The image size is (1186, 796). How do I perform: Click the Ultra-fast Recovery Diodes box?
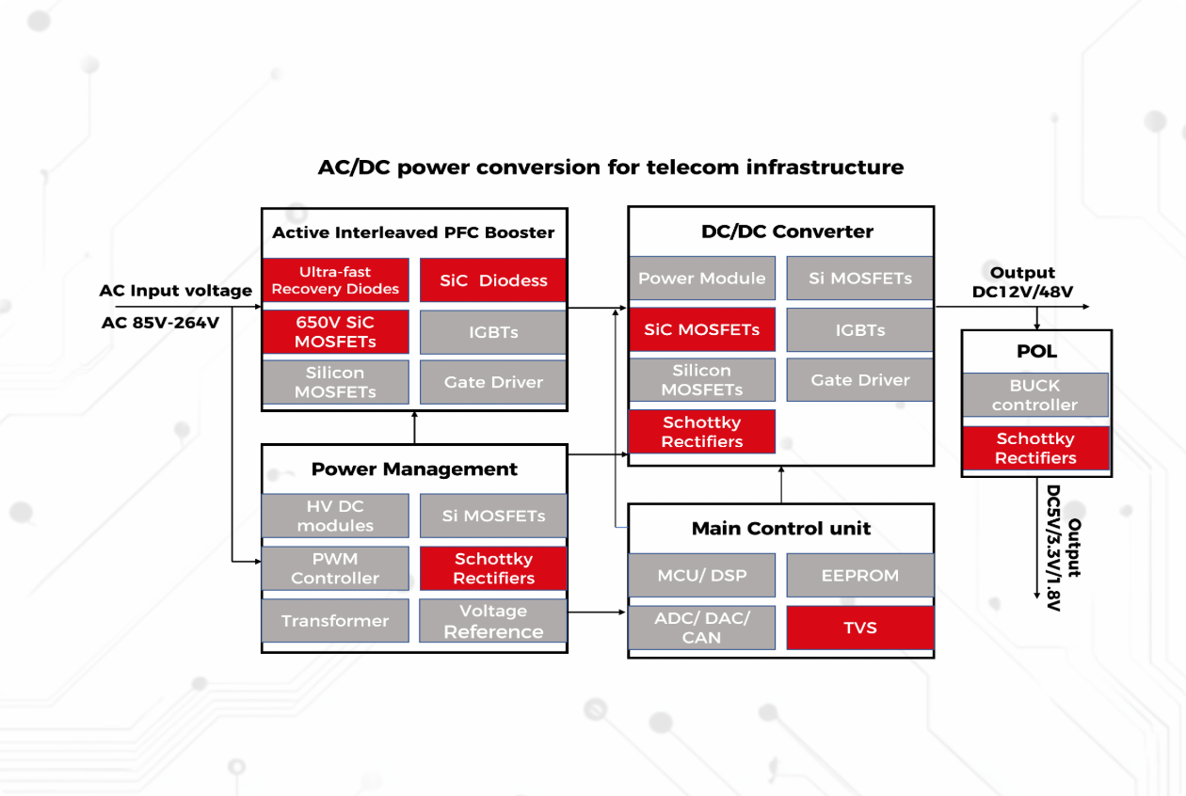[335, 280]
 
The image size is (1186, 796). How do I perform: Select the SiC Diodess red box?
[493, 280]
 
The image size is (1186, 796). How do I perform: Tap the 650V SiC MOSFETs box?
[335, 331]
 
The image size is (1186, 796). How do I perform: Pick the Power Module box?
[701, 279]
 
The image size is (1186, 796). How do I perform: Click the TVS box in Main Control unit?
[859, 628]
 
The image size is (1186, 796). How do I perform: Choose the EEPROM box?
[859, 575]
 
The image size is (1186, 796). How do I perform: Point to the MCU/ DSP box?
[701, 575]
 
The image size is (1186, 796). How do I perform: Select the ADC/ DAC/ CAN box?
[701, 628]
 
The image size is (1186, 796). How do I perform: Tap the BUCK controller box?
[1034, 395]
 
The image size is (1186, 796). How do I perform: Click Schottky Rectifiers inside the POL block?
[1034, 449]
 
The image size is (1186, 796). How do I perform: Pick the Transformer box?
[335, 621]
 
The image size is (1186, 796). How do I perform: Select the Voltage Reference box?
[493, 621]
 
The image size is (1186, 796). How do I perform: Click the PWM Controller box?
[335, 568]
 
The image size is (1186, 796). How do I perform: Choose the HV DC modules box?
[335, 516]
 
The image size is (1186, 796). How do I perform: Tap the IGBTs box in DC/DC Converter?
[859, 330]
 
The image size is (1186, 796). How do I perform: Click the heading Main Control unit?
[781, 529]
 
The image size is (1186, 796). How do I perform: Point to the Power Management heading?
[414, 469]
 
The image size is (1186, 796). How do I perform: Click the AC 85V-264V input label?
[160, 323]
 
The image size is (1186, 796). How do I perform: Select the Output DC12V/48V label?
[1022, 282]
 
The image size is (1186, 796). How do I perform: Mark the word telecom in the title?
[692, 167]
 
